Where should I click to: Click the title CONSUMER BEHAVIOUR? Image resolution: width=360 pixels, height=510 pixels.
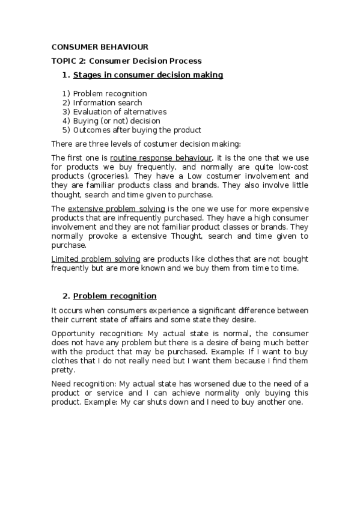(100, 47)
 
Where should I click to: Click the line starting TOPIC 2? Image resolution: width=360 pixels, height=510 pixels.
(126, 61)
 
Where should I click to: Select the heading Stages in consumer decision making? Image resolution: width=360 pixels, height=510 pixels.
(148, 75)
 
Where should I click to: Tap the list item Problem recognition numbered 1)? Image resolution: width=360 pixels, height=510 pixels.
(109, 94)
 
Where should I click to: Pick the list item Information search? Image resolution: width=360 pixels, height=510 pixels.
(108, 103)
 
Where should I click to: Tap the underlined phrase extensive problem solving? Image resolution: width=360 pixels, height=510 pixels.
(116, 208)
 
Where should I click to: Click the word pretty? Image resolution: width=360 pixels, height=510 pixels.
(63, 370)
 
